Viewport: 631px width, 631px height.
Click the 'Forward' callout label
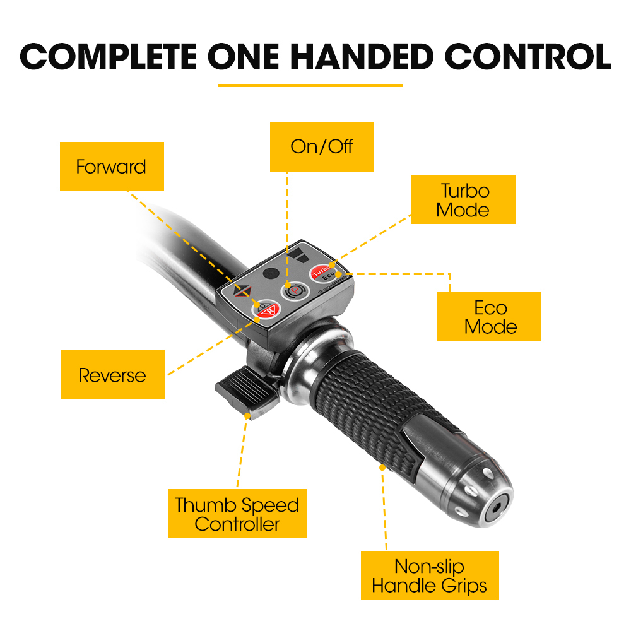(112, 167)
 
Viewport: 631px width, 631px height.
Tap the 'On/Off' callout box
(322, 147)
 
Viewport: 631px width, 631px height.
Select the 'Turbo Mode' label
(463, 199)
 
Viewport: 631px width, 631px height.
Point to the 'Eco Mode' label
(488, 317)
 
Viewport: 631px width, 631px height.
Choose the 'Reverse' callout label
(113, 375)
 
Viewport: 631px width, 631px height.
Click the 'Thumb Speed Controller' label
(237, 514)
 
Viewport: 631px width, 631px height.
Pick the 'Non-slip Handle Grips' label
(430, 575)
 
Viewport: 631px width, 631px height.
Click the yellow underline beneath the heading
(310, 85)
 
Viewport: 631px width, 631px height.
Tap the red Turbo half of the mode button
(320, 271)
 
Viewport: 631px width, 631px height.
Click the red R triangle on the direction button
(270, 310)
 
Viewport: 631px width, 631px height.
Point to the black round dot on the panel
(271, 274)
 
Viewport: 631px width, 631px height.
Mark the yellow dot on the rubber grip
(382, 468)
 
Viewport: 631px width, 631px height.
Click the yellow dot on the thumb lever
(247, 416)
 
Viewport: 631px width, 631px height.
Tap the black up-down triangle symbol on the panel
(243, 291)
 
